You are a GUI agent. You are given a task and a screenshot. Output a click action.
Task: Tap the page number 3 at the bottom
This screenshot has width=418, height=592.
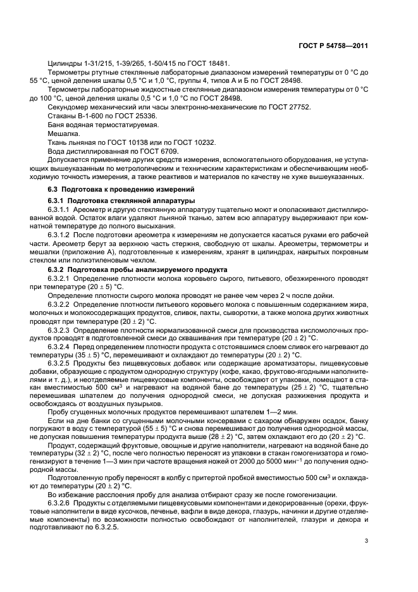tap(367, 540)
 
